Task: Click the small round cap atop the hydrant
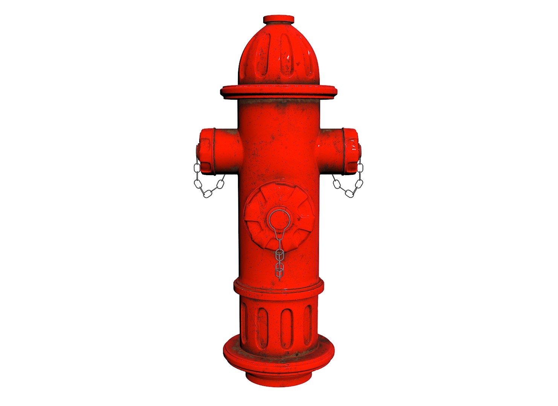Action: [279, 19]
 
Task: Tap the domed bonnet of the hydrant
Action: [279, 56]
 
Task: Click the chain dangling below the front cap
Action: [279, 259]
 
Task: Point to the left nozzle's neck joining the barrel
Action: [228, 150]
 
